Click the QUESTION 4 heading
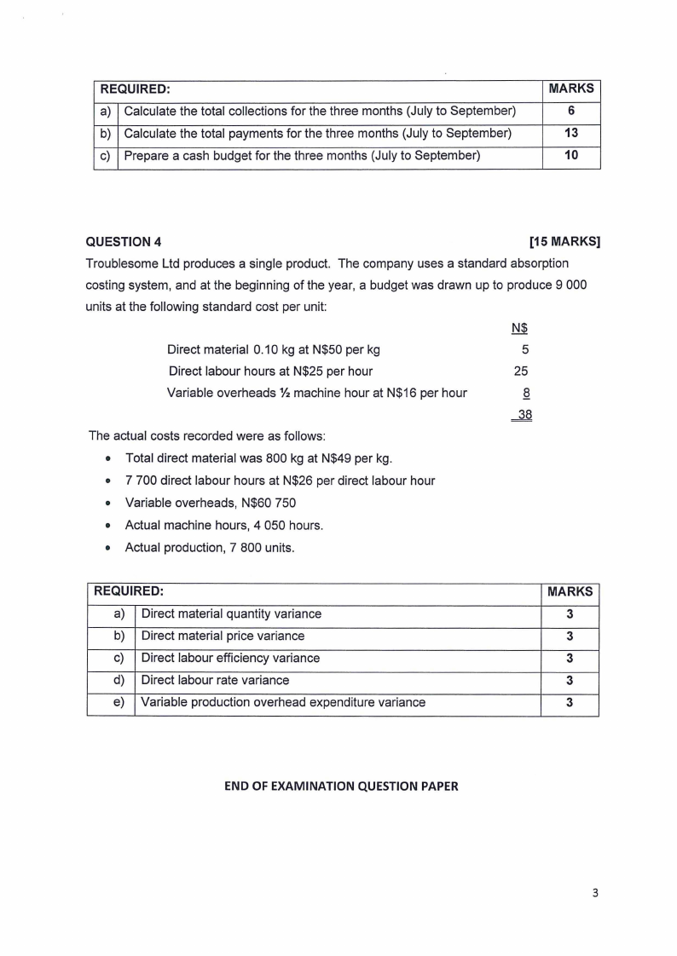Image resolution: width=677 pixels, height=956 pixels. [124, 241]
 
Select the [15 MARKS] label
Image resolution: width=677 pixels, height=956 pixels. [564, 241]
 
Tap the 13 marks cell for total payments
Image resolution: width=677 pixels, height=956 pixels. [571, 133]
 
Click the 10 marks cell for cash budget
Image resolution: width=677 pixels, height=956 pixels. [571, 155]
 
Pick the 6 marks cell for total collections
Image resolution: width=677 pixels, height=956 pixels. [571, 111]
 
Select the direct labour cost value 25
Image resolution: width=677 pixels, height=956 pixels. [523, 371]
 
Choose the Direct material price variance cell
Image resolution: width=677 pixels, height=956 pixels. [223, 636]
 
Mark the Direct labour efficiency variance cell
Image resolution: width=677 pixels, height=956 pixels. [230, 658]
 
